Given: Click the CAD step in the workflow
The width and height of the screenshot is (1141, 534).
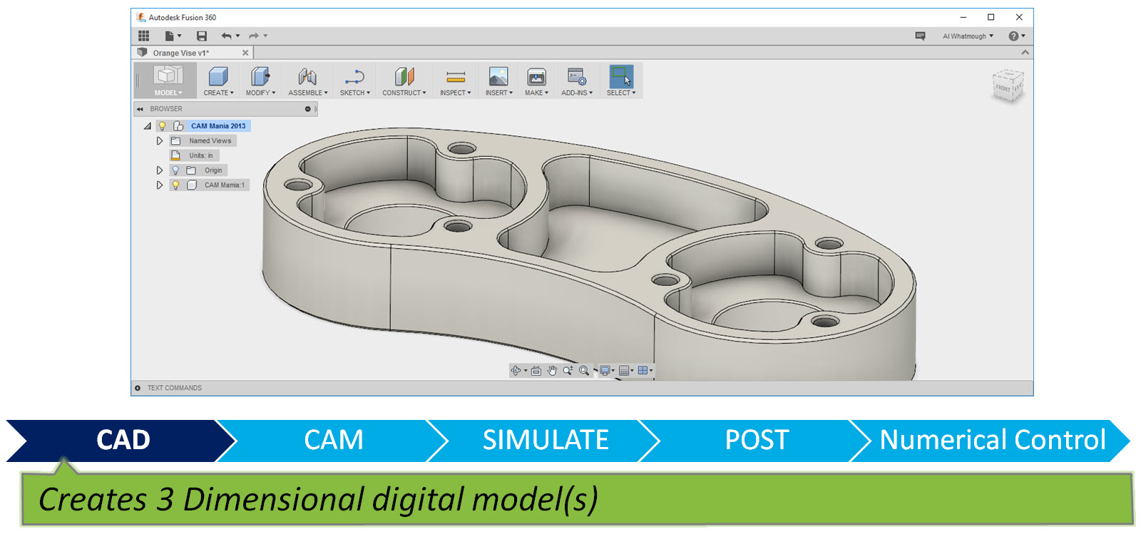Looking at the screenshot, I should pos(123,440).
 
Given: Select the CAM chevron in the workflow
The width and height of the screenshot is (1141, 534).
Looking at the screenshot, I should pos(333,440).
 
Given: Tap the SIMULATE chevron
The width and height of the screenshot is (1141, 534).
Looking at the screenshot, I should pos(545,440).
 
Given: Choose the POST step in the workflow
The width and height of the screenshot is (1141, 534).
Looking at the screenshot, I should pos(756,440).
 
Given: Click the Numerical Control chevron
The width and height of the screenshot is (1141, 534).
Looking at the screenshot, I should pos(992,440).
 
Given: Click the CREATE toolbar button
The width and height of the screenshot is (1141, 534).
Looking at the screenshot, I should pos(218,81).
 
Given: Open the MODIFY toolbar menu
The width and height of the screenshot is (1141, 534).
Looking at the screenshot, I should pos(260,81).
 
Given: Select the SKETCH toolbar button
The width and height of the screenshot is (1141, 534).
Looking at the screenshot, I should pos(354,81).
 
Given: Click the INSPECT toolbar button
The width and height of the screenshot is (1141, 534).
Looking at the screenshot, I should pos(455,81).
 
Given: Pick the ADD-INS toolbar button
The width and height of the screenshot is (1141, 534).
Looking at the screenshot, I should pos(576,81).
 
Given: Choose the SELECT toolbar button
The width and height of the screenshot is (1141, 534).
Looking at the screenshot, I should pos(620,81).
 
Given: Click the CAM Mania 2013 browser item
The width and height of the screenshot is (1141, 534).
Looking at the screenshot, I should pos(218,126).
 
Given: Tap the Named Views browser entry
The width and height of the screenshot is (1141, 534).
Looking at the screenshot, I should pos(210,141).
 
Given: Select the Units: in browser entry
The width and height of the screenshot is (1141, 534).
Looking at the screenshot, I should pos(200,155).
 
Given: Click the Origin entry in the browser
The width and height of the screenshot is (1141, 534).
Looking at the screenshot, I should pos(213,170).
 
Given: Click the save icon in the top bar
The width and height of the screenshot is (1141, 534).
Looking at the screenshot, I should pos(202,36).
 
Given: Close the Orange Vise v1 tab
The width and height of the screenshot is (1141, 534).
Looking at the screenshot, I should pos(245,53).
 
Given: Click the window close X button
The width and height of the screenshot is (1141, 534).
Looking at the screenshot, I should pos(1019,17).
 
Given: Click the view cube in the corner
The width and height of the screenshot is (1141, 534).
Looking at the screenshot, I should pos(1008,86).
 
